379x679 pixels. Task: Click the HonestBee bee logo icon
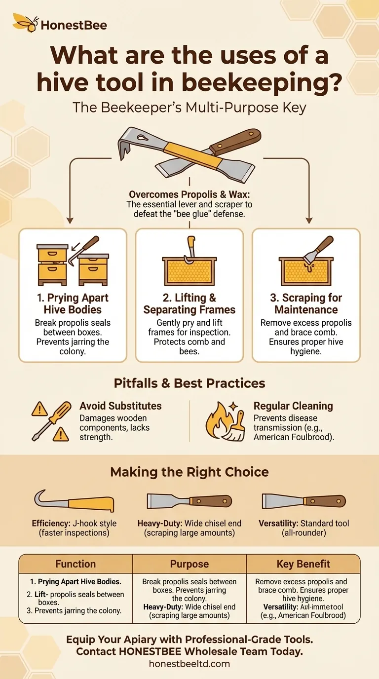pyautogui.click(x=26, y=23)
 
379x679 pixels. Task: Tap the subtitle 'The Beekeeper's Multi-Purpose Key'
pyautogui.click(x=189, y=108)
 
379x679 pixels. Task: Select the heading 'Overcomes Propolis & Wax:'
pyautogui.click(x=189, y=194)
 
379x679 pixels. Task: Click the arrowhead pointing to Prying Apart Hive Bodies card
pyautogui.click(x=70, y=221)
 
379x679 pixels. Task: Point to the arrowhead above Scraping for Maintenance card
pyautogui.click(x=309, y=221)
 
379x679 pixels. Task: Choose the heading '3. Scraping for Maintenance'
pyautogui.click(x=306, y=304)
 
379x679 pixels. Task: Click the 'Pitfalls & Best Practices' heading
pyautogui.click(x=189, y=383)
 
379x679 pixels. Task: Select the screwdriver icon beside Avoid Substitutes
pyautogui.click(x=52, y=421)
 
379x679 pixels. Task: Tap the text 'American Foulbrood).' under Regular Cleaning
pyautogui.click(x=294, y=437)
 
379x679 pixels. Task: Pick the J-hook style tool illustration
pyautogui.click(x=75, y=501)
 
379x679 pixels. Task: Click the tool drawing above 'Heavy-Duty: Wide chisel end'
pyautogui.click(x=189, y=501)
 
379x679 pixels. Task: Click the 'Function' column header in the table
pyautogui.click(x=76, y=564)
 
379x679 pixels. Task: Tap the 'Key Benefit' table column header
pyautogui.click(x=303, y=564)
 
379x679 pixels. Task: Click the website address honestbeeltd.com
pyautogui.click(x=189, y=664)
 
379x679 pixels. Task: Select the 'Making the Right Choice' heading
pyautogui.click(x=189, y=472)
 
